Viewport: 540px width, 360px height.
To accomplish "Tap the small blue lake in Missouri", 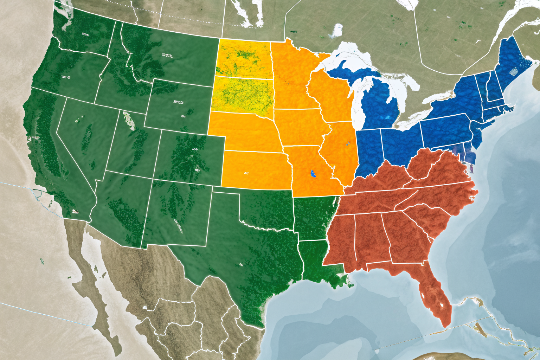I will pos(313,173).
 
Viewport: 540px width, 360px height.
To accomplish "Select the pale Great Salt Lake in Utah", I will pos(129,120).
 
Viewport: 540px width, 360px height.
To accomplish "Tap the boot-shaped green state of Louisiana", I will pos(316,260).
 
